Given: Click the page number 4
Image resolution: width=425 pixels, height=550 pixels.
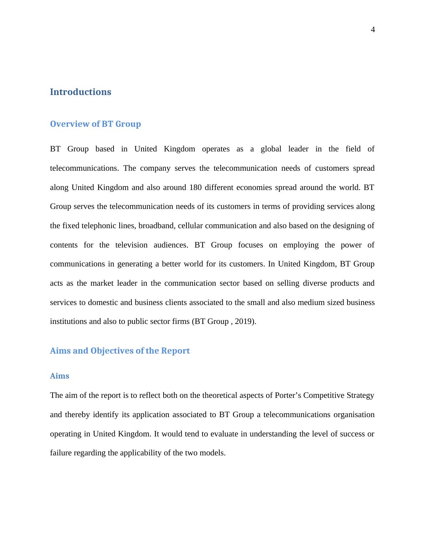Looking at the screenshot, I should [373, 30].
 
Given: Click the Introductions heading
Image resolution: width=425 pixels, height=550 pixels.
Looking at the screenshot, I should [80, 92].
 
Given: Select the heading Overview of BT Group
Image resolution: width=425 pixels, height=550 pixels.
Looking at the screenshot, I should [95, 124].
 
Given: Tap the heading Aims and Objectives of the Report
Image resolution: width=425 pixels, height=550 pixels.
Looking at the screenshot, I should [120, 351].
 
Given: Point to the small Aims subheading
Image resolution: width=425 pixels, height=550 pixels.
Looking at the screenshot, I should [60, 376].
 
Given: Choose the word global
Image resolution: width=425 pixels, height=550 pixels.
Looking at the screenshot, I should [271, 149].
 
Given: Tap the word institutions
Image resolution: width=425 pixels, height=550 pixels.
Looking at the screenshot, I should [68, 321].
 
